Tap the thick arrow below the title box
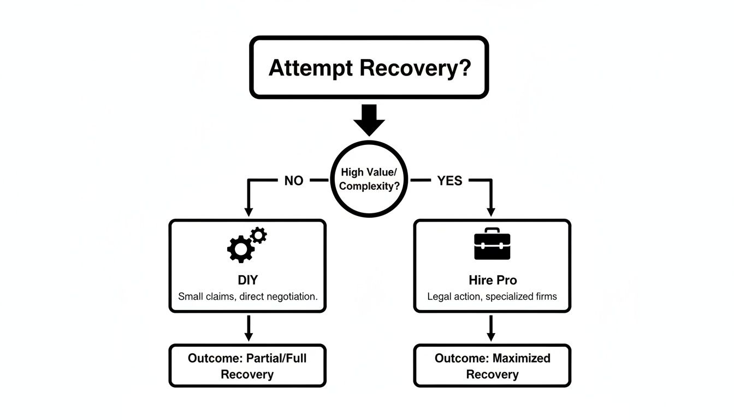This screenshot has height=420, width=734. click(x=370, y=119)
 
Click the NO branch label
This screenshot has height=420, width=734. click(x=293, y=180)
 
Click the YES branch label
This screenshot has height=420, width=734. click(x=449, y=180)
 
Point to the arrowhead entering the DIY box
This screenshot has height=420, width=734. click(x=248, y=211)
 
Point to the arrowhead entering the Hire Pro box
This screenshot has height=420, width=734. click(x=490, y=211)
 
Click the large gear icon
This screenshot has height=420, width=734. click(x=240, y=249)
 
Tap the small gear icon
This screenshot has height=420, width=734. click(x=259, y=236)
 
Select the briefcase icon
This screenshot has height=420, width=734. click(x=492, y=244)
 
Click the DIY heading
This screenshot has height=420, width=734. click(x=247, y=280)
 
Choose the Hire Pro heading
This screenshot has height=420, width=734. click(x=492, y=280)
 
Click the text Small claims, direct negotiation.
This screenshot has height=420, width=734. click(x=247, y=297)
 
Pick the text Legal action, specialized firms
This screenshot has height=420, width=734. click(x=492, y=297)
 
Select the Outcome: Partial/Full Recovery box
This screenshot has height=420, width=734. click(x=247, y=366)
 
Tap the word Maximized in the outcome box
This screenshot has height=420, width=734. click(x=522, y=358)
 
